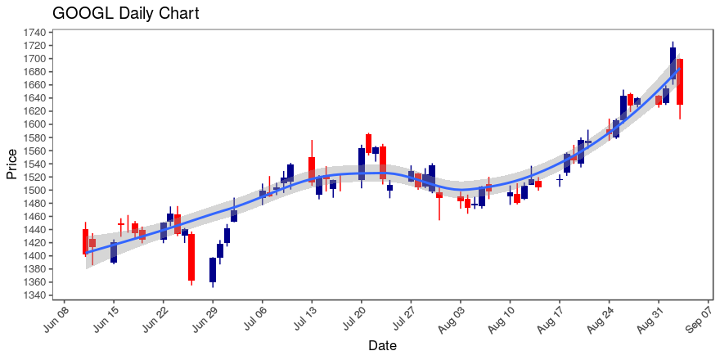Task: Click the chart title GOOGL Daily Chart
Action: pyautogui.click(x=125, y=14)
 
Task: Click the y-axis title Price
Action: pyautogui.click(x=12, y=164)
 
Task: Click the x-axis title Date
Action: pyautogui.click(x=382, y=346)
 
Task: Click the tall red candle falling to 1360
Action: pyautogui.click(x=191, y=257)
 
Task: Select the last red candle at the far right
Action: pyautogui.click(x=680, y=81)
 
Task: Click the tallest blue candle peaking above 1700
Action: pyautogui.click(x=673, y=64)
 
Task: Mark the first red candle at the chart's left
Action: pyautogui.click(x=85, y=241)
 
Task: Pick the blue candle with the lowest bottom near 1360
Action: pyautogui.click(x=213, y=270)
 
